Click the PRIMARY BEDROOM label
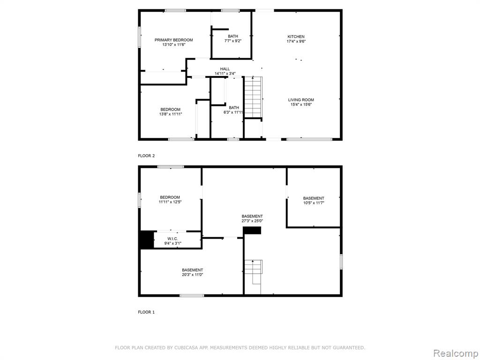173,40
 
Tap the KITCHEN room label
296,37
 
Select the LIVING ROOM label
301,100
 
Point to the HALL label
225,69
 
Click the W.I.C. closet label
172,239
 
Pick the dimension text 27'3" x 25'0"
252,221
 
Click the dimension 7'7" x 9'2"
232,41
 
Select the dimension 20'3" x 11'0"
192,275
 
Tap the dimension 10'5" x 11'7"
314,202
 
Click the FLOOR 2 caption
146,156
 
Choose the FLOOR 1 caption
146,312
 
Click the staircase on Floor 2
253,97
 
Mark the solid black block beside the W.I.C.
147,240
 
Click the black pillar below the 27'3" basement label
252,231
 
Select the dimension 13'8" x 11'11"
171,114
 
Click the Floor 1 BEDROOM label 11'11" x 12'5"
170,197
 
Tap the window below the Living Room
309,139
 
